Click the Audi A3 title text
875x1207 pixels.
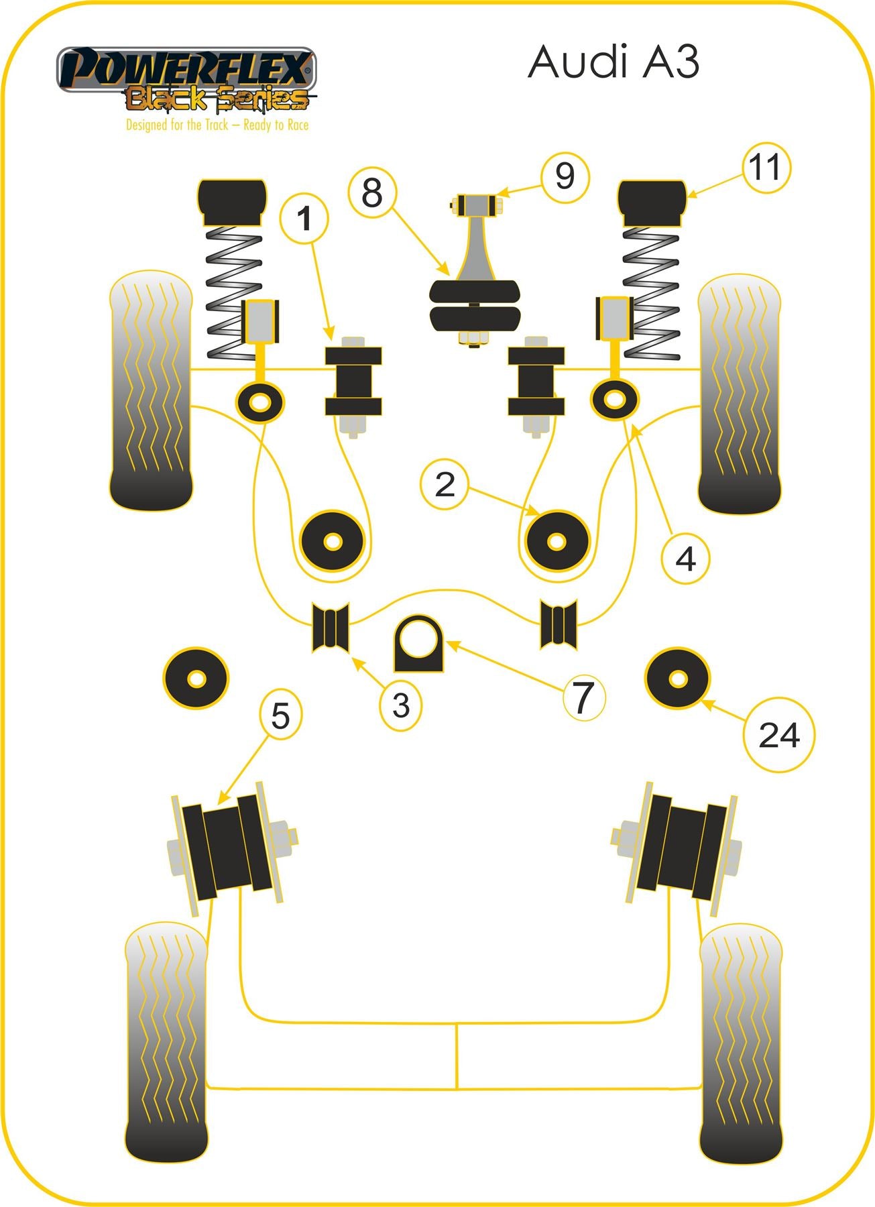coord(613,62)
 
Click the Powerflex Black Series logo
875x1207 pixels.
coord(185,79)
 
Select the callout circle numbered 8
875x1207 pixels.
coord(372,192)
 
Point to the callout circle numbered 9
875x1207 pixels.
coord(565,176)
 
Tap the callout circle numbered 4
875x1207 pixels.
coord(685,558)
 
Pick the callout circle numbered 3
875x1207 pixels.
coord(401,705)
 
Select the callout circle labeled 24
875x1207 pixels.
coord(779,736)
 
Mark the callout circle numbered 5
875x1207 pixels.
coord(280,714)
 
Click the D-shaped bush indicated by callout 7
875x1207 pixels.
coord(418,644)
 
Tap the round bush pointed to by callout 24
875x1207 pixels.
coord(677,679)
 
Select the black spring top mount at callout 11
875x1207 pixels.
coord(652,203)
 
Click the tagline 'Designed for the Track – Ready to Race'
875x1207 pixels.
coord(217,125)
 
